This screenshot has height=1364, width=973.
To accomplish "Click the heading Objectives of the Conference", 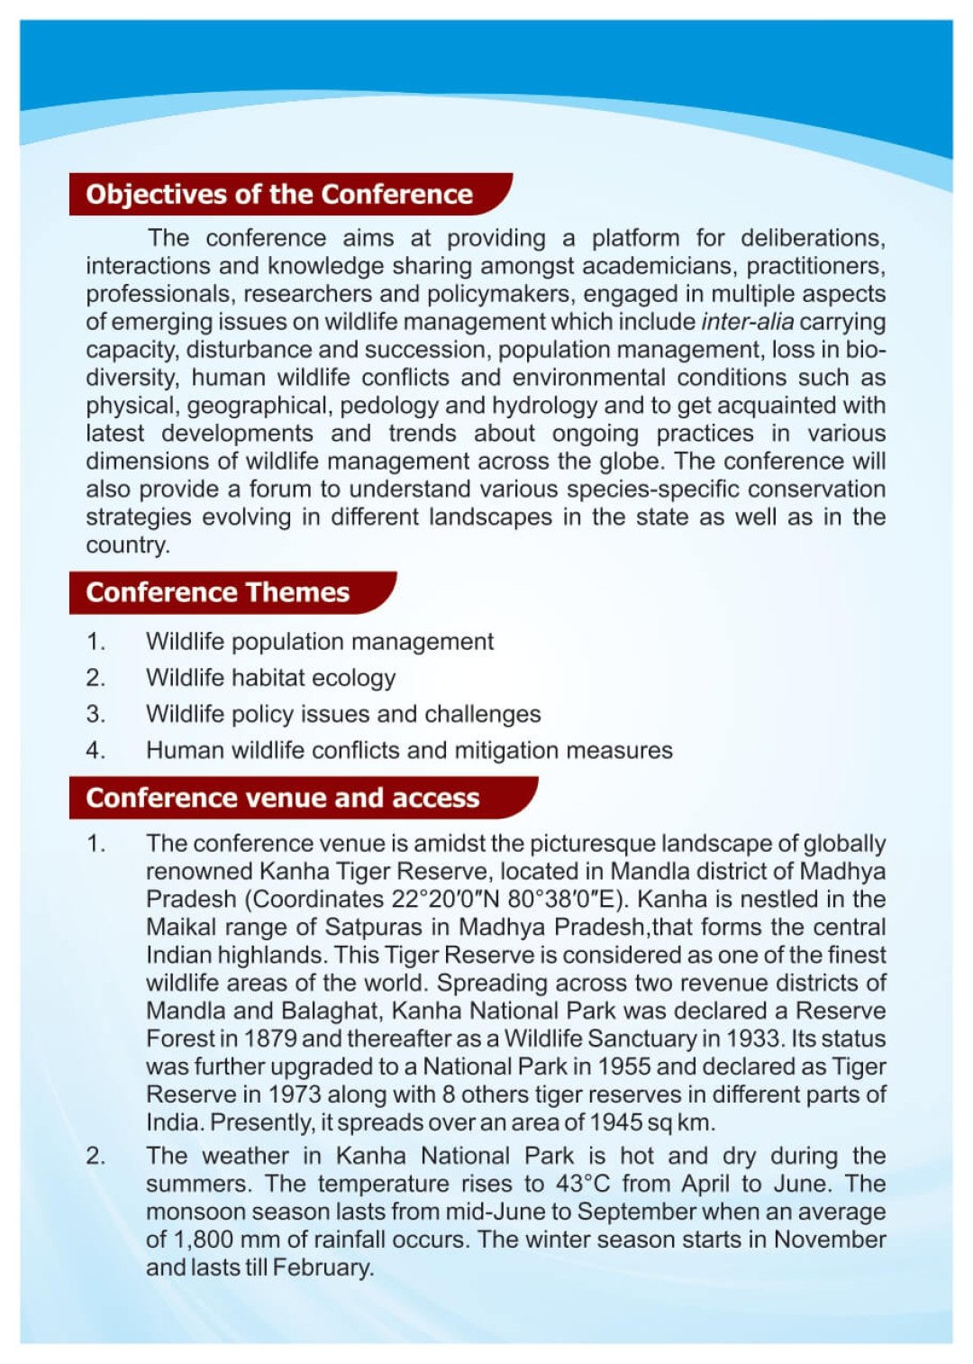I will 279,194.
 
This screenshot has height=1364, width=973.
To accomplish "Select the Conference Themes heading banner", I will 217,592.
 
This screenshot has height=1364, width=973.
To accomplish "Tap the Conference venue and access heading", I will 283,798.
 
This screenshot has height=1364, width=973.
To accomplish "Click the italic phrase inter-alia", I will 747,322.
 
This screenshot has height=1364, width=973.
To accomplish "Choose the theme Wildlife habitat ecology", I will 270,678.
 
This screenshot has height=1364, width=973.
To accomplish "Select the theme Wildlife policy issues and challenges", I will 343,714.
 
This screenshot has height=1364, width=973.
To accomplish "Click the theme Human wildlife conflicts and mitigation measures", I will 409,750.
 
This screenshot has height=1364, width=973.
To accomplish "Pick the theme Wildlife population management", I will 320,642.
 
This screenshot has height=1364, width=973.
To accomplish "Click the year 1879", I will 270,1039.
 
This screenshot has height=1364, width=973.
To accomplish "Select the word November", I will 830,1240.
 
